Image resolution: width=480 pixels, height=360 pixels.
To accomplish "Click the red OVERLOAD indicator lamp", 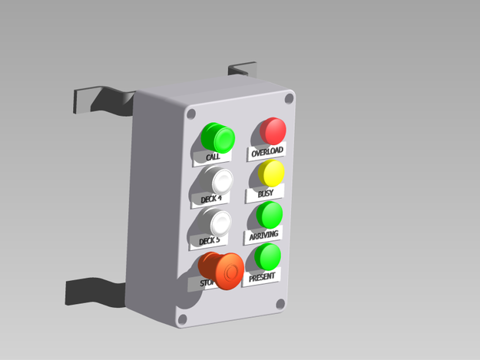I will (x=273, y=130).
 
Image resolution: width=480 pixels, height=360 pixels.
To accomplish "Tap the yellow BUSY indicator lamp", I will (x=270, y=173).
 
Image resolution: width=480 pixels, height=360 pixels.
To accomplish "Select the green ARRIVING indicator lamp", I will (x=269, y=214).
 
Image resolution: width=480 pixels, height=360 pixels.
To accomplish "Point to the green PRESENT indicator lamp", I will (x=268, y=256).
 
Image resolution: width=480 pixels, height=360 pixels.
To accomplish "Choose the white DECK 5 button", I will (x=220, y=223).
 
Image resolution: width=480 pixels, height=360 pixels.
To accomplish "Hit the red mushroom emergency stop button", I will (x=226, y=271).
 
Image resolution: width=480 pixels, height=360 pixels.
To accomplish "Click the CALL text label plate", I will (x=213, y=157).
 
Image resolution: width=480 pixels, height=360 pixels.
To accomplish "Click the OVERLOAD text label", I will (x=266, y=152).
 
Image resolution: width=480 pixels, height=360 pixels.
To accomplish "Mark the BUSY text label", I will (x=265, y=193).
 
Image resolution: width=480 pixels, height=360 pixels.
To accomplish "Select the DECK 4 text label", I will (x=210, y=199).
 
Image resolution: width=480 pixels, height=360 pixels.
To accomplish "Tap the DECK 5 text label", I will (x=209, y=241).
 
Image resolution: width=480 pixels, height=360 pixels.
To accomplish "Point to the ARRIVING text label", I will (x=263, y=234).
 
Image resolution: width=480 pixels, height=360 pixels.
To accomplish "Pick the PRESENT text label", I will (x=262, y=276).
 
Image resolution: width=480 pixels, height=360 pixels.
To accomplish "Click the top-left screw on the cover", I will (x=190, y=114).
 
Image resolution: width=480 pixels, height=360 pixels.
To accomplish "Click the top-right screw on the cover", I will (x=289, y=98).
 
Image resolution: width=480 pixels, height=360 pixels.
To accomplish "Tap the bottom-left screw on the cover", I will (x=183, y=319).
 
